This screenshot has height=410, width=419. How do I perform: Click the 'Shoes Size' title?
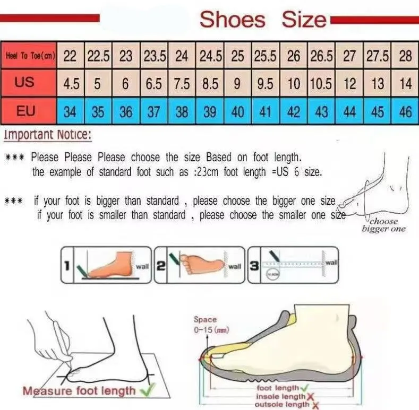coord(263,20)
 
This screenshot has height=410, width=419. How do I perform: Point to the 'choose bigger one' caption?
coord(383,225)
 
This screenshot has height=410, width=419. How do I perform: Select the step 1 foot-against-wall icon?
coord(105,264)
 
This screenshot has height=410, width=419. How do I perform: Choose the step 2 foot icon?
coord(199,264)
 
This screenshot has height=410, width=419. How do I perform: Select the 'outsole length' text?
coord(282,404)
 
